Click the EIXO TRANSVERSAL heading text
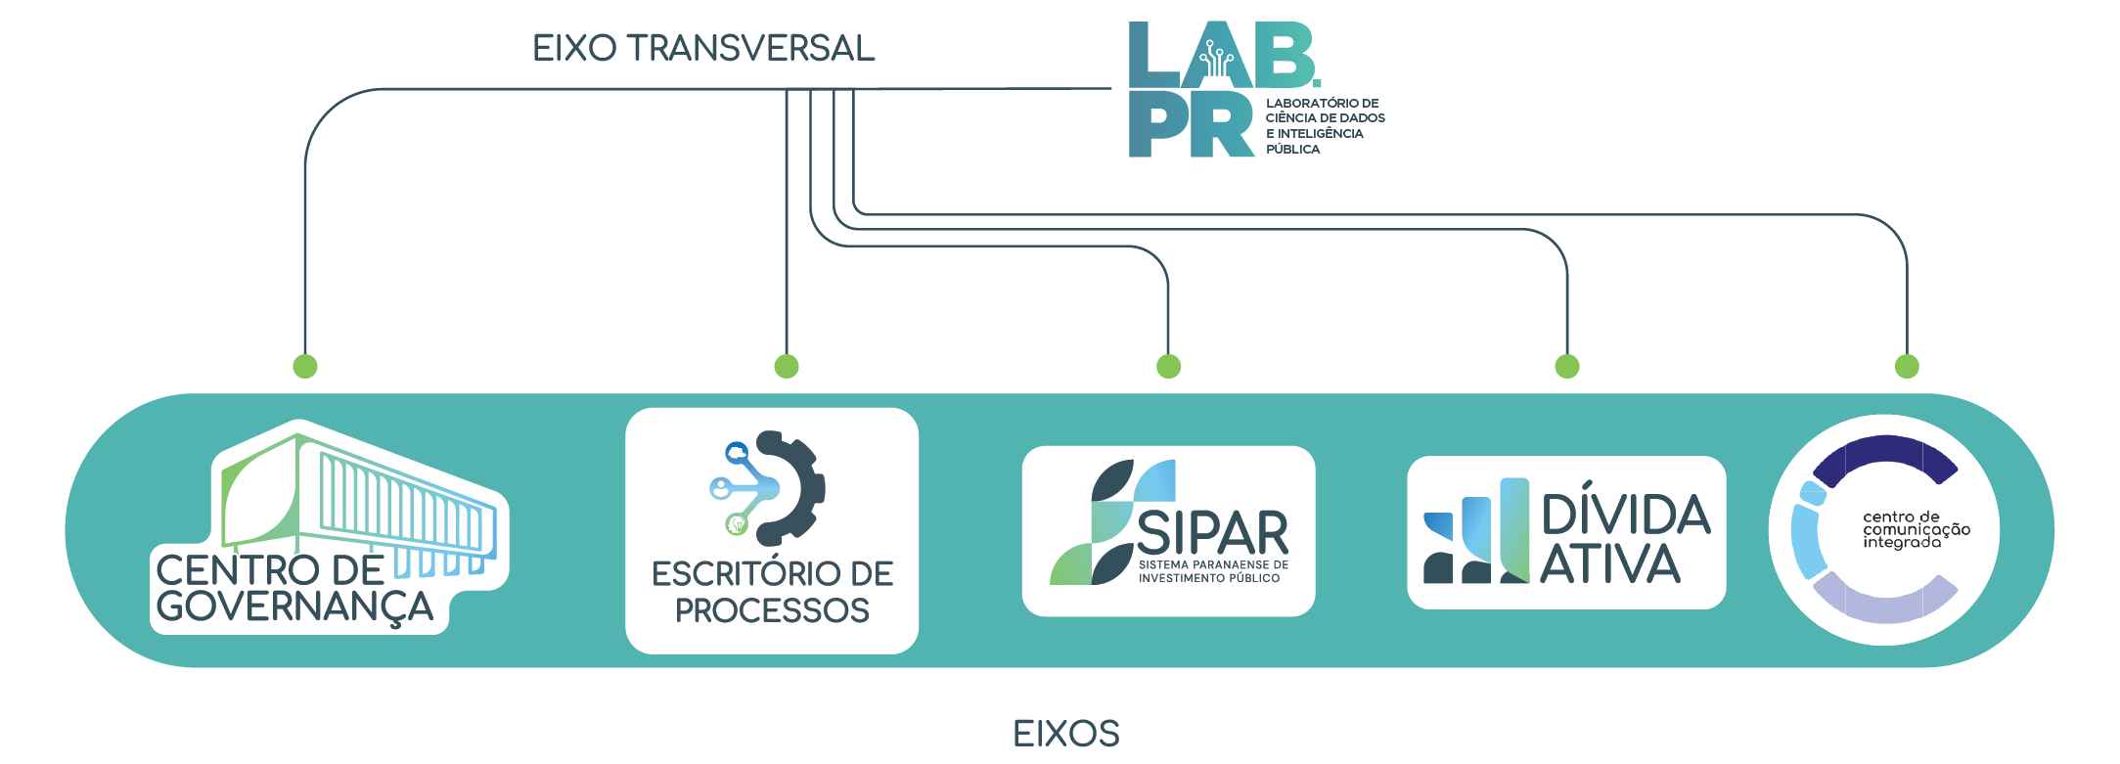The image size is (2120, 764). (x=702, y=48)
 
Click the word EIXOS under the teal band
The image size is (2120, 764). (x=1065, y=734)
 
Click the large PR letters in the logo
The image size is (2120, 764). (x=1190, y=125)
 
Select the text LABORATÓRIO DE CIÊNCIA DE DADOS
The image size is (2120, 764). (x=1324, y=111)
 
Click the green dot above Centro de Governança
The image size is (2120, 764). (x=305, y=367)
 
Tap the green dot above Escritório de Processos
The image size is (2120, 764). (x=787, y=367)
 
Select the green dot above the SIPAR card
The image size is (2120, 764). (x=1168, y=367)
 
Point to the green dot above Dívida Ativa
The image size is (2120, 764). (x=1567, y=367)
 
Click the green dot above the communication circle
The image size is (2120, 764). (x=1907, y=367)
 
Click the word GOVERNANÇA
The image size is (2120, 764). (x=293, y=607)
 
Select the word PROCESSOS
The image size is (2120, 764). (x=772, y=610)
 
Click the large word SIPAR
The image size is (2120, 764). (x=1212, y=533)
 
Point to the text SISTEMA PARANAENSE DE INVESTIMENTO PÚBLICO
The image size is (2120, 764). (x=1212, y=571)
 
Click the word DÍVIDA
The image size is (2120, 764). (x=1626, y=515)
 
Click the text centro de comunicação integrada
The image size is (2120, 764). (x=1915, y=529)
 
